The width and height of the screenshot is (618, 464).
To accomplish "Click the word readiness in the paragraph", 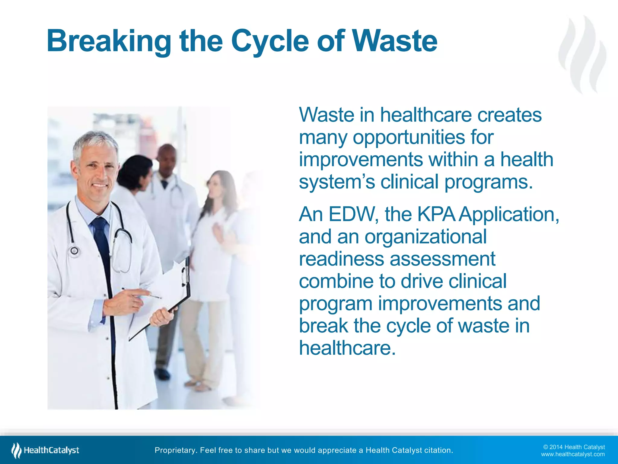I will coord(341,259).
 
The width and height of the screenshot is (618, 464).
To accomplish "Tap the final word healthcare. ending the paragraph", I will coord(347,348).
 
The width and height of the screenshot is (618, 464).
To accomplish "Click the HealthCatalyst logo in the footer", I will coord(45,450).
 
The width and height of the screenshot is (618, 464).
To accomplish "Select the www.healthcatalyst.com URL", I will coord(573,454).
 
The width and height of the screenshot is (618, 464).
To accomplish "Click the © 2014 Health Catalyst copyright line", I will coord(574,447).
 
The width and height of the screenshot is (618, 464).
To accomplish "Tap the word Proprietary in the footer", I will coord(175,450).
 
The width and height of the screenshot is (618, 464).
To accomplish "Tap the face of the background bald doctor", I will coord(167,160).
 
